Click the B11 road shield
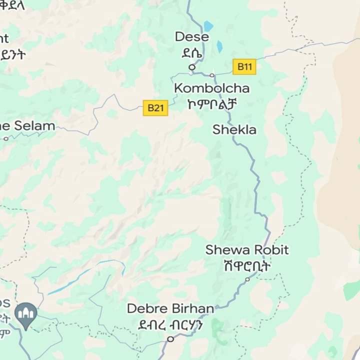244,66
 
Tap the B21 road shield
155,107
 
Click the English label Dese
191,37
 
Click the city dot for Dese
191,67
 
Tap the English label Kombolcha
211,88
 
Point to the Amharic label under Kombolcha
211,103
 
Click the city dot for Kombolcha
212,75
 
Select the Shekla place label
234,130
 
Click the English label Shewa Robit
247,249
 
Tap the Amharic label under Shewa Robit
247,265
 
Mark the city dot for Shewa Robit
247,279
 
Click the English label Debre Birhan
170,308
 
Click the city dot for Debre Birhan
170,339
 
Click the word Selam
34,126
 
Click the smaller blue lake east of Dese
219,46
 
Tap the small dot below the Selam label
6,139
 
